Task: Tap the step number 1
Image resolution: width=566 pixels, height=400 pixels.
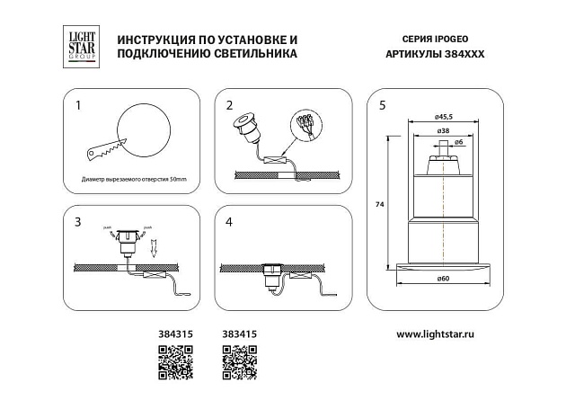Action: (78, 106)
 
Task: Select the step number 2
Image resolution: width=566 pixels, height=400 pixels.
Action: (230, 106)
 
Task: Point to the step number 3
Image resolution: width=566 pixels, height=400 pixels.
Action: (78, 220)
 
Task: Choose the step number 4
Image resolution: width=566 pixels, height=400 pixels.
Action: (229, 220)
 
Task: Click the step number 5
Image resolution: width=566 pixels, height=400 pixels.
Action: (383, 106)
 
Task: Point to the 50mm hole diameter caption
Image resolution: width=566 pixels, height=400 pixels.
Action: (133, 181)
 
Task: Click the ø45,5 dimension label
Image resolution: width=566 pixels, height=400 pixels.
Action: (443, 116)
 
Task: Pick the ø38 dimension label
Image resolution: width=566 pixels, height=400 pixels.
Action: (443, 130)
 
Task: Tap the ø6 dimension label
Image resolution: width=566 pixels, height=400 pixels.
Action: (458, 142)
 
